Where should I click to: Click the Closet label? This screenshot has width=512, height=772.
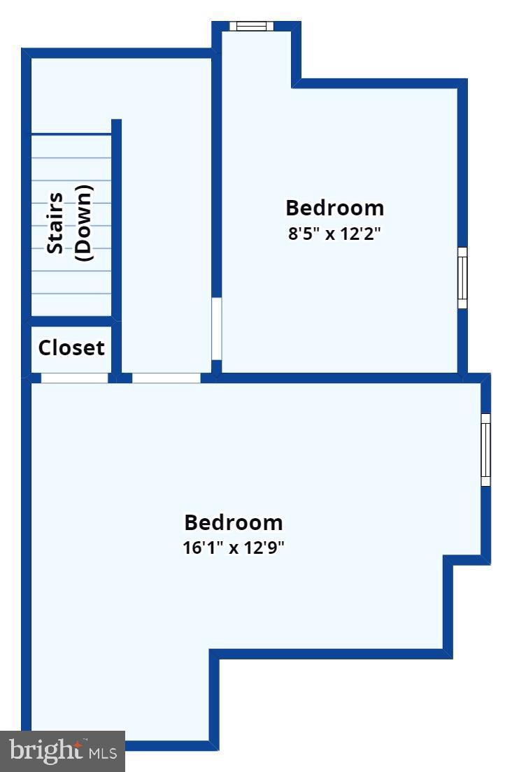(x=71, y=348)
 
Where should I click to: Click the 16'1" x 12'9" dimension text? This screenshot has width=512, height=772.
(x=233, y=548)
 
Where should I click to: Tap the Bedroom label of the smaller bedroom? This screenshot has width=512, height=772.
(x=334, y=208)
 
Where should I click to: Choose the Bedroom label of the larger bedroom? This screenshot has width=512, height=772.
(x=233, y=522)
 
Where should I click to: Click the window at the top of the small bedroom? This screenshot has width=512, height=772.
(x=252, y=27)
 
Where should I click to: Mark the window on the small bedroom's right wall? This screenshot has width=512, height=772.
(x=462, y=278)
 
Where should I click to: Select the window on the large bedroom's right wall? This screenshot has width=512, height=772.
(x=485, y=450)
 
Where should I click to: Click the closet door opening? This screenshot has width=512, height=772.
(x=74, y=378)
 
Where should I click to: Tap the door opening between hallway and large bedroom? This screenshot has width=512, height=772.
(x=166, y=378)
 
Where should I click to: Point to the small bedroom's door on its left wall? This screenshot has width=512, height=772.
(x=217, y=329)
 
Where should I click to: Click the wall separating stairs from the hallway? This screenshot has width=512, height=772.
(x=117, y=217)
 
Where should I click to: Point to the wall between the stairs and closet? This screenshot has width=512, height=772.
(x=71, y=320)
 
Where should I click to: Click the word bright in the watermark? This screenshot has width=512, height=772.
(x=43, y=751)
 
